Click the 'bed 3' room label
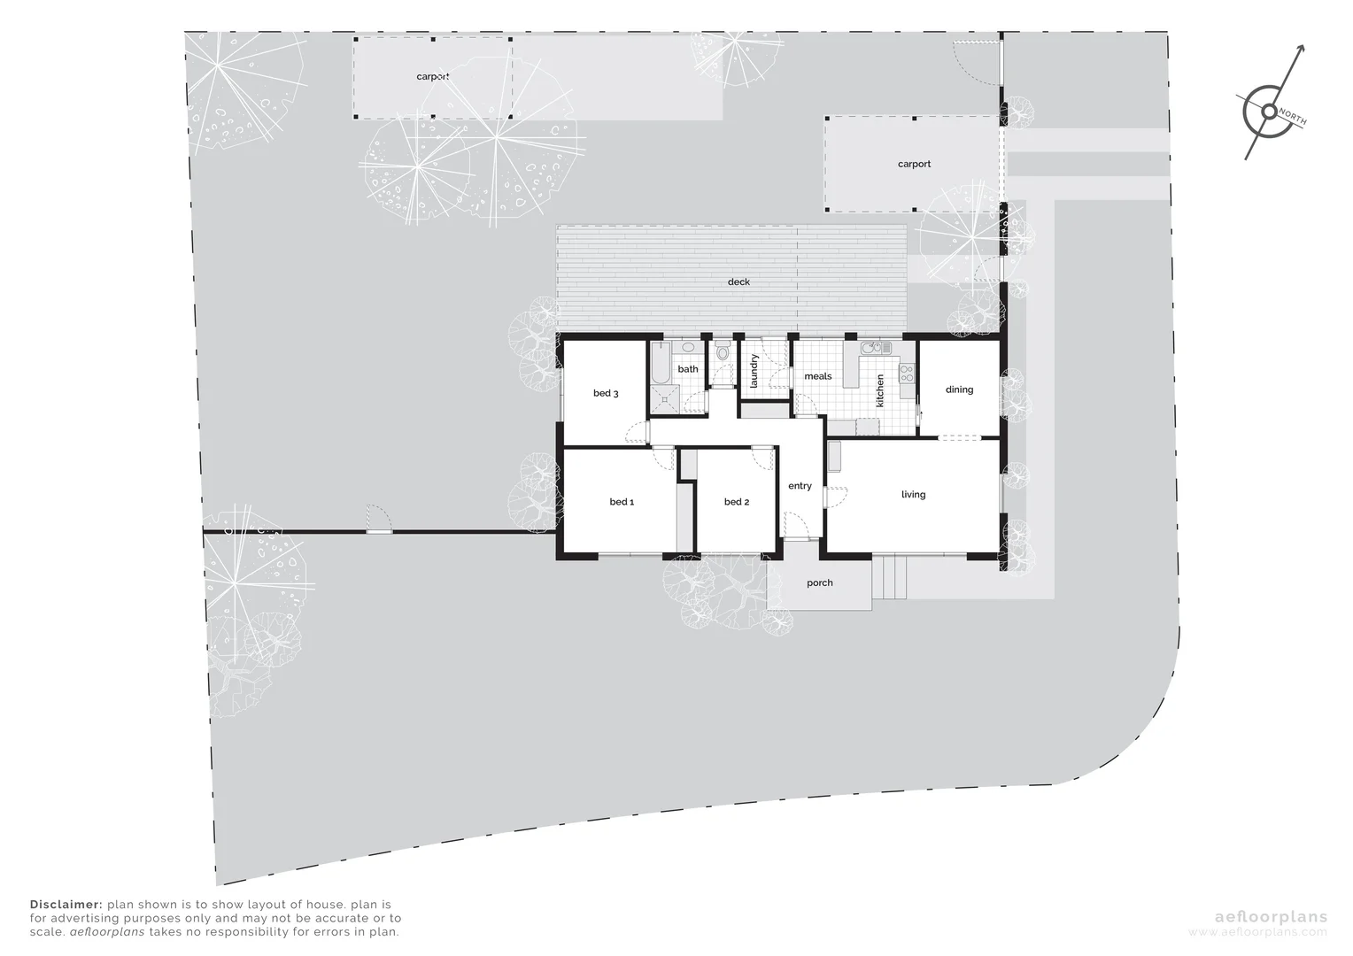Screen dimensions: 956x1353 coord(606,393)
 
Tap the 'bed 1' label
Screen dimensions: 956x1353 coord(622,502)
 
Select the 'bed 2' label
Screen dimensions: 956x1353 coord(737,502)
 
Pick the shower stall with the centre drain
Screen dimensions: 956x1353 coord(663,400)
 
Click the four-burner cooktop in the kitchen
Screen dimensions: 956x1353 coord(906,374)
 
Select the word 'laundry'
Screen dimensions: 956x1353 coord(754,372)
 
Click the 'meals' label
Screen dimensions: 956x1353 coord(817,376)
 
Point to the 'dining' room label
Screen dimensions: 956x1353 coord(959,389)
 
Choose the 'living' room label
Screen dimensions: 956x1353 coord(913,495)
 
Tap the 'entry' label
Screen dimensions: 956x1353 coord(800,486)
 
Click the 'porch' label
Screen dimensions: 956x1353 coord(820,583)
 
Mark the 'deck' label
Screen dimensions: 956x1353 coord(738,282)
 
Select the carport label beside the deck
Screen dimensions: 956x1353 coord(914,165)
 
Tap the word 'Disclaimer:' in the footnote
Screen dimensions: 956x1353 coord(66,906)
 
